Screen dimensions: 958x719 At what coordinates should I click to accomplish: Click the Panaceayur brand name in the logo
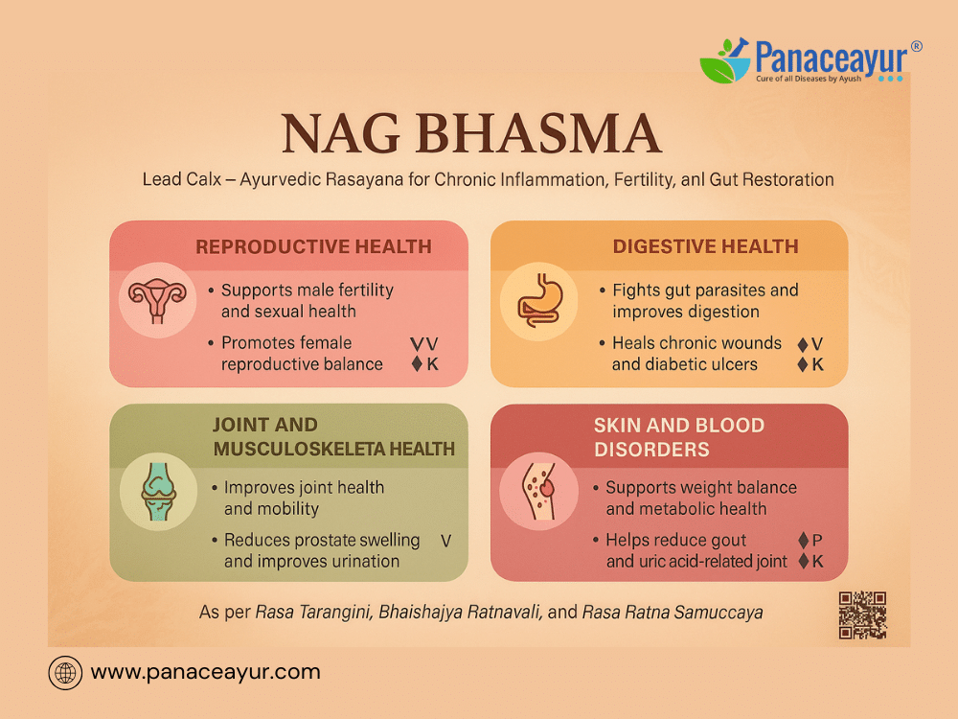pyautogui.click(x=832, y=58)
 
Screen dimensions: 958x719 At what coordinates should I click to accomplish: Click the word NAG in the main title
pyautogui.click(x=340, y=133)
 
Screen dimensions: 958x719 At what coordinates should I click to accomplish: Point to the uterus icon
pyautogui.click(x=157, y=299)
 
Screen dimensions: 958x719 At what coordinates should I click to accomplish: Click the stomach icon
pyautogui.click(x=538, y=300)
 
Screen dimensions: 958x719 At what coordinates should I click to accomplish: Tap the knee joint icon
pyautogui.click(x=159, y=491)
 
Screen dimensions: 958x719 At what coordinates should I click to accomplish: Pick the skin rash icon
pyautogui.click(x=538, y=491)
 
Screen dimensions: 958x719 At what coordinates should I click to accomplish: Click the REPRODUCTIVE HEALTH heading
pyautogui.click(x=313, y=246)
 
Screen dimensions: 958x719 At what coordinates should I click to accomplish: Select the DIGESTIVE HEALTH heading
pyautogui.click(x=706, y=246)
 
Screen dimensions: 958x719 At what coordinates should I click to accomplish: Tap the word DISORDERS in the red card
pyautogui.click(x=651, y=450)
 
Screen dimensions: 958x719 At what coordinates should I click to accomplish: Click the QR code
pyautogui.click(x=862, y=615)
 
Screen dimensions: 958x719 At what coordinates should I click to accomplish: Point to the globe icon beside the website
pyautogui.click(x=65, y=673)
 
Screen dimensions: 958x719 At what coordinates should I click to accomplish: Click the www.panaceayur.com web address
pyautogui.click(x=205, y=672)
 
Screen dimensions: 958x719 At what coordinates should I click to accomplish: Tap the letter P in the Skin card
pyautogui.click(x=817, y=541)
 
